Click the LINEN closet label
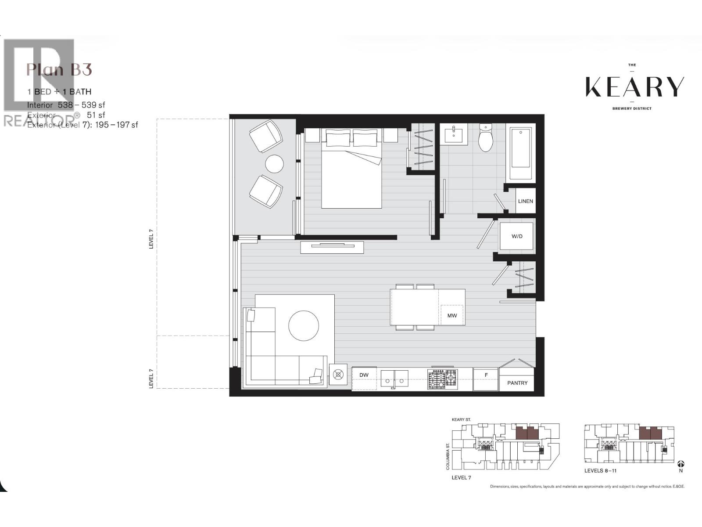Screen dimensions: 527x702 tap(525, 201)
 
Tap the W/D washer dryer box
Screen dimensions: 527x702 tap(517, 236)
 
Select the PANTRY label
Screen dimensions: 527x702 tap(517, 383)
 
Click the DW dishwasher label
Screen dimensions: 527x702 tap(364, 375)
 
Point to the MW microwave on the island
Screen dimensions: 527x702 tap(452, 315)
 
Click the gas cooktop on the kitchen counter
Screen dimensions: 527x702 tap(442, 379)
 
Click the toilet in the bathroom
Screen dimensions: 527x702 tap(486, 139)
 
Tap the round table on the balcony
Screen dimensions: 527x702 tap(274, 164)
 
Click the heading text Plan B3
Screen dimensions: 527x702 tap(59, 69)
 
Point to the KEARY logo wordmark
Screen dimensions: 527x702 tap(634, 87)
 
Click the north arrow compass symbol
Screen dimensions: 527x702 tap(681, 464)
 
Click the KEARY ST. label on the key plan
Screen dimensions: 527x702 tap(461, 420)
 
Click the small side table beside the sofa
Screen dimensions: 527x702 tap(338, 375)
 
